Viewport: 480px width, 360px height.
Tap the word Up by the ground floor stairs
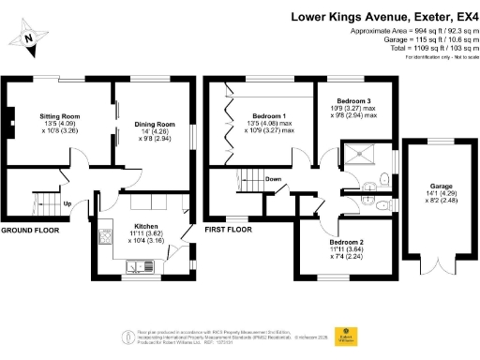click(x=67, y=204)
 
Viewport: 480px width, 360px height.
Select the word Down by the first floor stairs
click(x=274, y=180)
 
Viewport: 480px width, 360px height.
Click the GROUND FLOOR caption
click(x=30, y=230)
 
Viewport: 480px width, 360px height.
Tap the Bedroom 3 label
click(x=349, y=100)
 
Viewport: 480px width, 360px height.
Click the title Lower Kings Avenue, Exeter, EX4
click(x=383, y=16)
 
